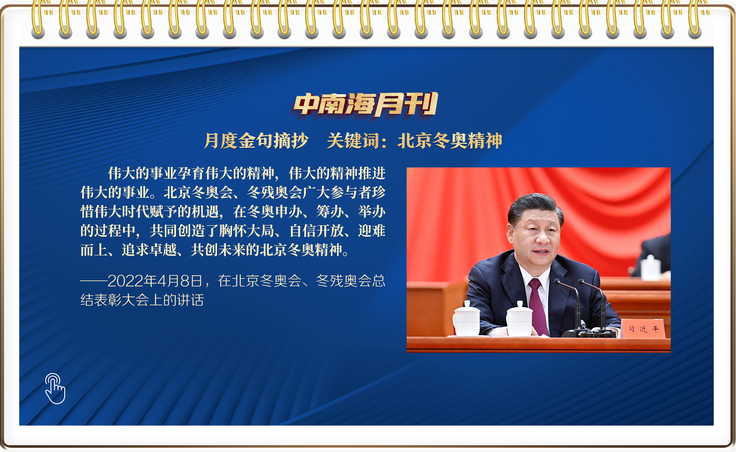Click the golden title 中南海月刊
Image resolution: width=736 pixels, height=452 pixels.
point(366,104)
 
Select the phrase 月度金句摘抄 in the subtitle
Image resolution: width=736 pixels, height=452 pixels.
point(256,141)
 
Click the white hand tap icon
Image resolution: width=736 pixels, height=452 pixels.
point(55,388)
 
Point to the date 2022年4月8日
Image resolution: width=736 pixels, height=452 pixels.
point(155,281)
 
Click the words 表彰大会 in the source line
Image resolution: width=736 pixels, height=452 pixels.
point(122,300)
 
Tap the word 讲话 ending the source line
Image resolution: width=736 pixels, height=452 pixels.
point(191,300)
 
